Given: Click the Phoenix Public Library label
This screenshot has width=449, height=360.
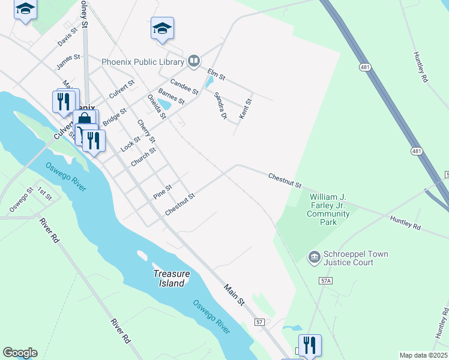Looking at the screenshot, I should pos(143,61).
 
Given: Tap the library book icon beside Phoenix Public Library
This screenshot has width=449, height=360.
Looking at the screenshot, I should pos(194,60).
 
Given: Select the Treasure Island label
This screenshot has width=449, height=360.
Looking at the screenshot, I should pos(171,278).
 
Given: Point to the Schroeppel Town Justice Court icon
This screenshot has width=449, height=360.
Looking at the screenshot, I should pos(314,258).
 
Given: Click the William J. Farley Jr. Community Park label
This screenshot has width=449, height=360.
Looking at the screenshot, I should pos(328,209).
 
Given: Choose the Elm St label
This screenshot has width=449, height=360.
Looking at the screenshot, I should pos(216,75).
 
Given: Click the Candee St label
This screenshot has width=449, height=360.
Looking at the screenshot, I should pos(184,87).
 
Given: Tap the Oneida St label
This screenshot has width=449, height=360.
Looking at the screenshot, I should pos(156,107).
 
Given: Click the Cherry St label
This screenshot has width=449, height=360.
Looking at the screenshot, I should pos(146,132).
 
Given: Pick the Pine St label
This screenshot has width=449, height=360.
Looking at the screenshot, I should pos(163,191).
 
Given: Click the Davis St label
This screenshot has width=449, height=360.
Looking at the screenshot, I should pos(68,37).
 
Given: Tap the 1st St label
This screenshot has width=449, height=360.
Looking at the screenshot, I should pos(44,193).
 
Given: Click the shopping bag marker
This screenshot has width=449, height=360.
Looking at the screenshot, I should pos(85,119).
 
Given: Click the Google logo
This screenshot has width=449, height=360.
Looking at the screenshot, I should pos(20,353).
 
